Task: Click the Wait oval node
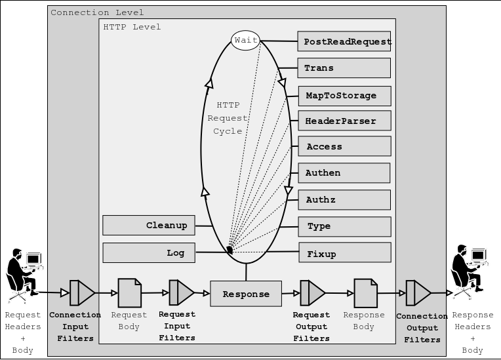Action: pos(246,41)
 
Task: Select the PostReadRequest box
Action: pos(344,41)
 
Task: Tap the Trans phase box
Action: pos(344,68)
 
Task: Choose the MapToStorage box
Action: pos(344,96)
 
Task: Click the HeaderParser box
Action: pos(344,121)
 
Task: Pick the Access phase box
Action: pos(344,146)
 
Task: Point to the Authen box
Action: pos(344,173)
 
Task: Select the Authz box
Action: pos(344,200)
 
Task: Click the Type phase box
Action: pos(344,226)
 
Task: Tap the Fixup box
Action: pos(344,253)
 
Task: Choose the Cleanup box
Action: pos(149,225)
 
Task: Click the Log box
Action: pos(149,252)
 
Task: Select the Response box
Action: pos(246,294)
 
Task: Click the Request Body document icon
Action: pos(129,293)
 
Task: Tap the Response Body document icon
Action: pos(365,293)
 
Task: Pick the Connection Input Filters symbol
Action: pos(82,293)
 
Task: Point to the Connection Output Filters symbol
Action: pos(418,293)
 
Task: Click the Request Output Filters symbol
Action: pos(312,293)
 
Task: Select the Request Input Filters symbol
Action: pos(181,293)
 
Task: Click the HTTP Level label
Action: pos(132,27)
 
